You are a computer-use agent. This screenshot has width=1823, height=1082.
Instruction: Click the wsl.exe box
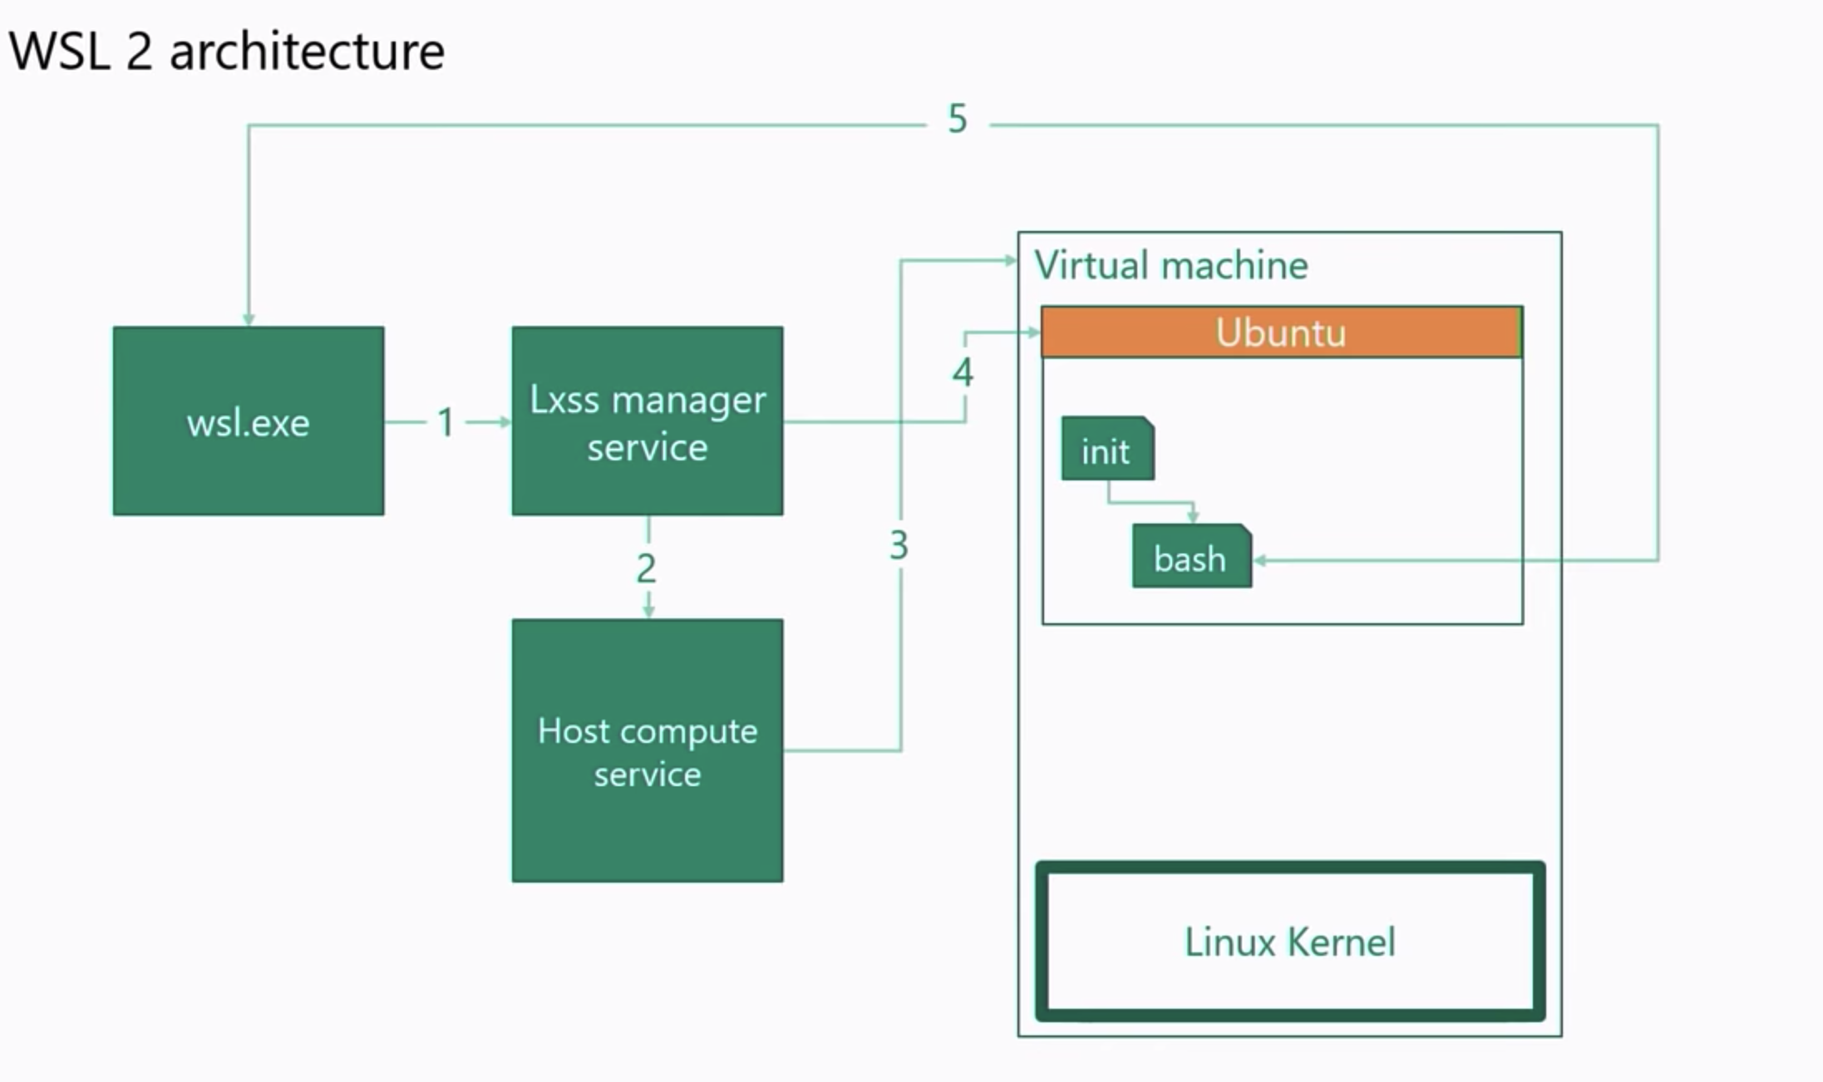tap(248, 421)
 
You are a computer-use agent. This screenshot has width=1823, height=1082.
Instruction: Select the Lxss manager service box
tap(647, 421)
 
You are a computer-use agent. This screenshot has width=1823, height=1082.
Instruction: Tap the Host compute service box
tap(647, 750)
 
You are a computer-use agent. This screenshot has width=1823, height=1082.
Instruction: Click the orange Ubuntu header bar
tap(1281, 332)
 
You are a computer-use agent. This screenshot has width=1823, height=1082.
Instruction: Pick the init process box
tap(1106, 450)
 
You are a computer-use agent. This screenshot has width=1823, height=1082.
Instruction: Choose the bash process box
tap(1190, 558)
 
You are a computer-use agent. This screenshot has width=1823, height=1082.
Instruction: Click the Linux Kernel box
tap(1289, 942)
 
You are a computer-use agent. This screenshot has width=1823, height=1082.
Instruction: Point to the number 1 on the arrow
tap(446, 422)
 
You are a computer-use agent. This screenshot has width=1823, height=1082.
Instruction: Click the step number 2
tap(646, 568)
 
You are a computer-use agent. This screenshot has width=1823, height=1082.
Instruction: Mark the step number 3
tap(899, 546)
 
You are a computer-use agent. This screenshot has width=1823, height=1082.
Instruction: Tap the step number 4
tap(963, 372)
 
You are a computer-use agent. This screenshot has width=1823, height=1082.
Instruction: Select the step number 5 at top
tap(958, 120)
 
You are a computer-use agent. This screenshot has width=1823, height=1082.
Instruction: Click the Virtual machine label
tap(1170, 266)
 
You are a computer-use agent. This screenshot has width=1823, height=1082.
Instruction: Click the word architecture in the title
tap(307, 52)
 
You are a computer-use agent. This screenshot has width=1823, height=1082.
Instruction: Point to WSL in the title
tap(60, 52)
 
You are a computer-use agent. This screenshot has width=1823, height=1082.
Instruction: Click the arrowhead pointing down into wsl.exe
tap(248, 320)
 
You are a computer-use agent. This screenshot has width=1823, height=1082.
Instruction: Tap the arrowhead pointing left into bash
tap(1259, 560)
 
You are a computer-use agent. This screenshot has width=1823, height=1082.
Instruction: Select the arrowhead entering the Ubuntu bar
tap(1033, 332)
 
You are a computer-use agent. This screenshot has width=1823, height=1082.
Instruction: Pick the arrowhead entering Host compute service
tap(648, 612)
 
